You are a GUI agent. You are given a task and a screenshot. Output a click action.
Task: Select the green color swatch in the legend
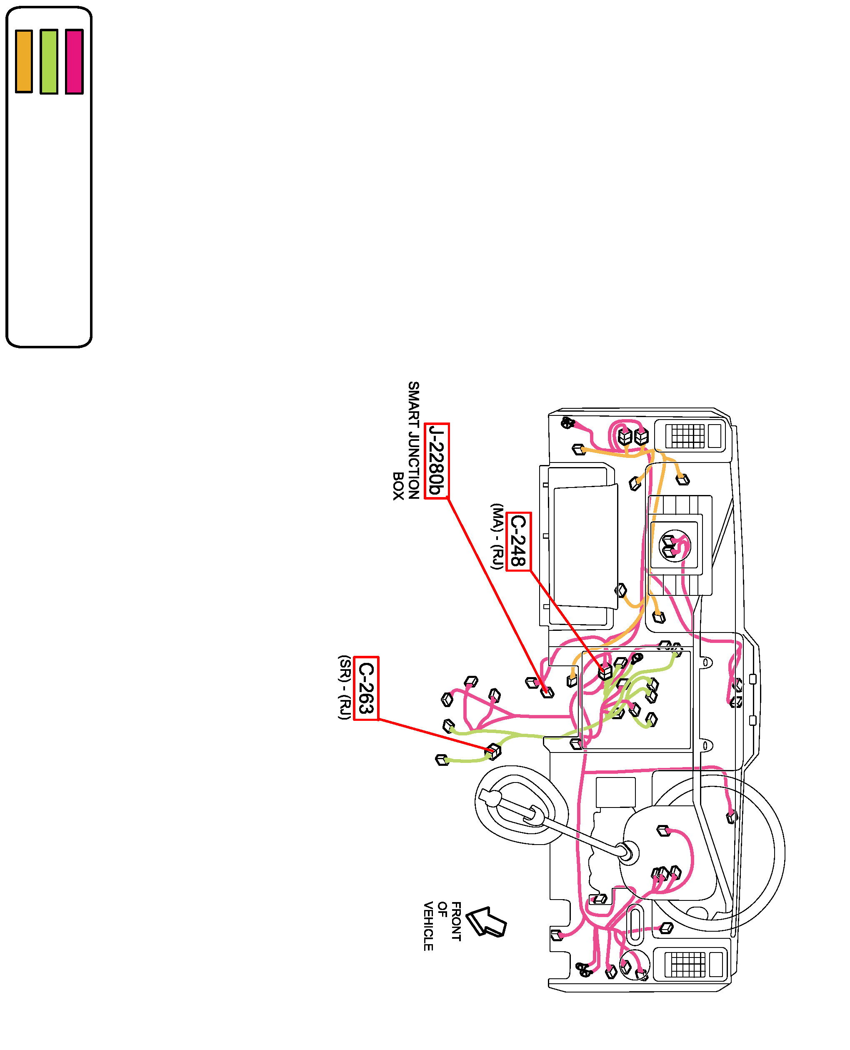coord(49,61)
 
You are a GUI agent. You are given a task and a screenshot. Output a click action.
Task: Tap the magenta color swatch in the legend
coord(75,61)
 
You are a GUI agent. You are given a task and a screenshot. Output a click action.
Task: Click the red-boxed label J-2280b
coord(436,461)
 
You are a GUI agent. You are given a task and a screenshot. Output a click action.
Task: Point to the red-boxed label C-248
coord(518,541)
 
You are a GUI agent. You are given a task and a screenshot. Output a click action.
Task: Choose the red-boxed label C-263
coord(366,688)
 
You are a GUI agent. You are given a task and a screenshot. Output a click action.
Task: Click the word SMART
coord(414,406)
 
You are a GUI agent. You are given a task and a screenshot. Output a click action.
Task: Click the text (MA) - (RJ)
coord(497,536)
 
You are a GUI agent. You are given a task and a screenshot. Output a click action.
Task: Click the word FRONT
coord(456,921)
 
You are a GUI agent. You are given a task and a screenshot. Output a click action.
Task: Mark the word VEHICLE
coord(428,926)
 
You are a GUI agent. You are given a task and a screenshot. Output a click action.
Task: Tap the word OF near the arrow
coord(442,909)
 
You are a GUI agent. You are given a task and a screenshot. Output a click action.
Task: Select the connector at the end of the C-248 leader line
coord(605,672)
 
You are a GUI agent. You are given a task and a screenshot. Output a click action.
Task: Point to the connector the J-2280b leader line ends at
coord(547,692)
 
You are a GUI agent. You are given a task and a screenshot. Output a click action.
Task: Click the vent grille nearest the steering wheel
coord(688,964)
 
